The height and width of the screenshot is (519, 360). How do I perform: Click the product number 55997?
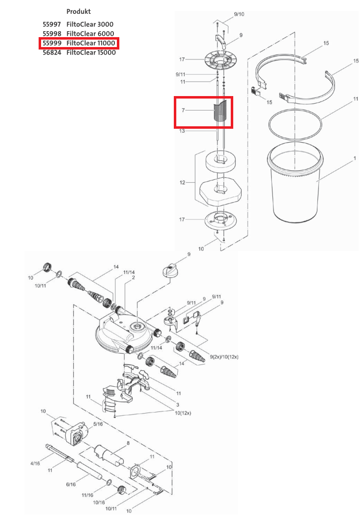(x=51, y=24)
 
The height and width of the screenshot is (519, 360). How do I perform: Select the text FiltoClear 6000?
(x=90, y=34)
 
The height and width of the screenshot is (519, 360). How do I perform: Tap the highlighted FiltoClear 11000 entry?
(x=79, y=43)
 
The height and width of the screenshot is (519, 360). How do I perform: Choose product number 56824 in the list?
(x=51, y=52)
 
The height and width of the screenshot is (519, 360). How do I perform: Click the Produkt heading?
(x=78, y=11)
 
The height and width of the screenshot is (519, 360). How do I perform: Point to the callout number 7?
(x=183, y=110)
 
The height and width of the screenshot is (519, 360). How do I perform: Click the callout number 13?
(x=182, y=131)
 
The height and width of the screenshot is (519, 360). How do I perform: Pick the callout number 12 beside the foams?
(x=182, y=182)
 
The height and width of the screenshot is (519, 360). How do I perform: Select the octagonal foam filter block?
(x=220, y=192)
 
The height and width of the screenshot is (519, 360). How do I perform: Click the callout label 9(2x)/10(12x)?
(x=224, y=357)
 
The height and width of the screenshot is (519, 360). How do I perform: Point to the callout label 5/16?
(x=98, y=424)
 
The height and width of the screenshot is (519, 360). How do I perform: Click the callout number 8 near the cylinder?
(x=128, y=443)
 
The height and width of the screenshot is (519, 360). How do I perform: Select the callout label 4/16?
(x=35, y=464)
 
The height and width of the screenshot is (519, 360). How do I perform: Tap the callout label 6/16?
(x=71, y=484)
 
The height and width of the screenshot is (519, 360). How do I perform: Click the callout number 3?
(x=178, y=405)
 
